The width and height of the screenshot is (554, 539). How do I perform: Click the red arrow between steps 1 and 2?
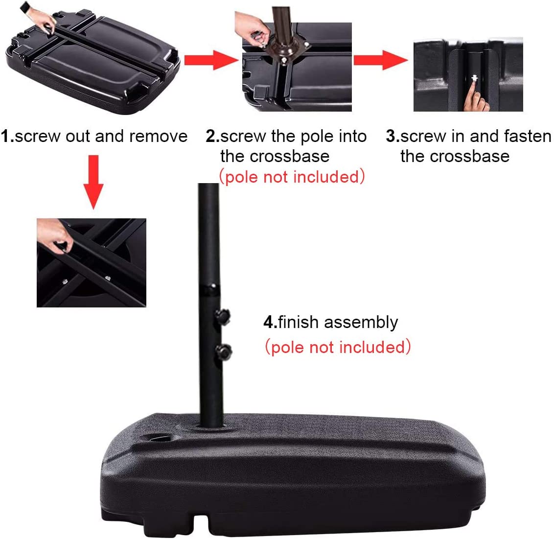[x=211, y=60]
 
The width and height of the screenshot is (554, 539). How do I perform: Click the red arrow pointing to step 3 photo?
[x=381, y=60]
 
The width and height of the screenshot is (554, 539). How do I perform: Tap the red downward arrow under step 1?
[x=93, y=182]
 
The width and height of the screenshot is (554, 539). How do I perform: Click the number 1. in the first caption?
[x=7, y=137]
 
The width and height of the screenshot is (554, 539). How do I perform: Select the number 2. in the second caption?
[x=213, y=137]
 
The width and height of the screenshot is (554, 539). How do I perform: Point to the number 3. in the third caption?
[x=393, y=137]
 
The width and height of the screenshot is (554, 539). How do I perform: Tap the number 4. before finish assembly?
[x=270, y=322]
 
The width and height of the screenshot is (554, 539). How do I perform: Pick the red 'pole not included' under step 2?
[x=292, y=177]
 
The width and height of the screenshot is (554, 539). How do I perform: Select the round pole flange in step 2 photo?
[x=284, y=49]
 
